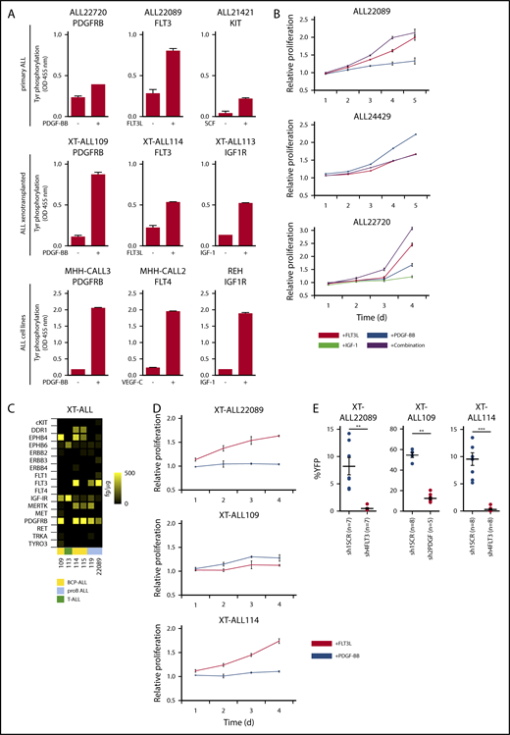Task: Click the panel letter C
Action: [9, 409]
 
